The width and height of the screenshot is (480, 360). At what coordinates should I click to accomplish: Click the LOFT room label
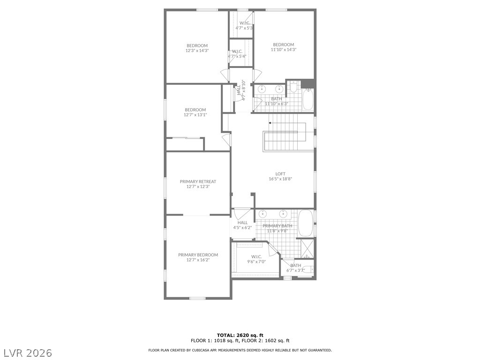pos(280,174)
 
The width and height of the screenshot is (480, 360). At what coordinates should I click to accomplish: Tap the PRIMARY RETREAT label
pos(198,181)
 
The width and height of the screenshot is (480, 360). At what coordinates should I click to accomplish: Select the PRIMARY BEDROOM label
pos(198,255)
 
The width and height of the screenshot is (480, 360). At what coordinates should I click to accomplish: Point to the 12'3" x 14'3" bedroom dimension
pos(197,51)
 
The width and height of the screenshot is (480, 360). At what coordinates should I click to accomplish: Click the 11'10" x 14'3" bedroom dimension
pos(284,49)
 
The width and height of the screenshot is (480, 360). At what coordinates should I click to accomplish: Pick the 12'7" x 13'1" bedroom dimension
pos(195,115)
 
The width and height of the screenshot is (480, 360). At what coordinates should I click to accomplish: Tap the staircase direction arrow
pos(287,123)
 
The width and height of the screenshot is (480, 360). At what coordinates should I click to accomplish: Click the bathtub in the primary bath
pos(305,223)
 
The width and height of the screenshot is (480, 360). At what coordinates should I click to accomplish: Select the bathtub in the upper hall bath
pos(307,99)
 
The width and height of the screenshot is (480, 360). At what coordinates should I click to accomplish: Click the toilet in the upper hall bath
pos(293,87)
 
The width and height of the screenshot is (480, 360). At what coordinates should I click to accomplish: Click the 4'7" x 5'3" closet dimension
pos(244,28)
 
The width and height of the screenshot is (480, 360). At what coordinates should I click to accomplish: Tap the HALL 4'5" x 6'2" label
pos(242,225)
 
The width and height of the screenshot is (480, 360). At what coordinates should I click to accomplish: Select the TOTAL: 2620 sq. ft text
pos(240,335)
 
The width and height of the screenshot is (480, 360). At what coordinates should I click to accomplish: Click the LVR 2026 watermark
pos(26,353)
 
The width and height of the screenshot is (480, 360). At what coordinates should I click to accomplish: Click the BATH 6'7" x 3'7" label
pos(295,268)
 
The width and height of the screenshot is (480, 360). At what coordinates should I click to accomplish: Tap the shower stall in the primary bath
pos(307,248)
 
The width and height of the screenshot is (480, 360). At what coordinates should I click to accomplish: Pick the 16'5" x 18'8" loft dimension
pos(280,179)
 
